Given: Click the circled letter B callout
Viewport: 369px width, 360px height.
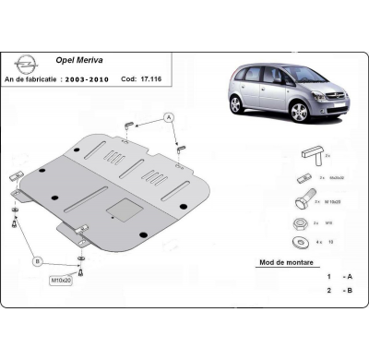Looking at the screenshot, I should pos(38,262).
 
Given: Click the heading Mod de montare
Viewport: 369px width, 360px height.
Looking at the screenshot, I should pos(279,262).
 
